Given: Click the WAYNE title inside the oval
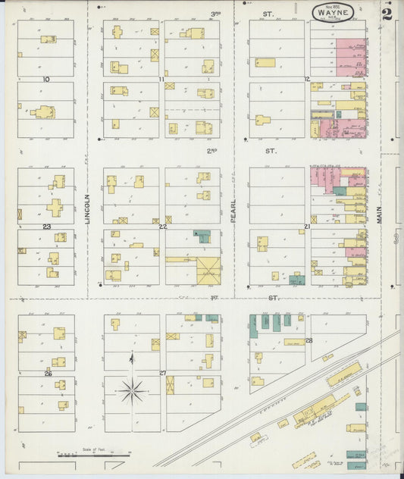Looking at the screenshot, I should pos(337,12).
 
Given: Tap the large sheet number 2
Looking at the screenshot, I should pos(387,14).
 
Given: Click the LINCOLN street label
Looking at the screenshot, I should pos(87,208).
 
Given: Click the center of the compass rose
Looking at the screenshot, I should pos(132,392).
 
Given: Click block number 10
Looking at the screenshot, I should pos(46,79).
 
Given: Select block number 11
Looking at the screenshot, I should pos(161,79).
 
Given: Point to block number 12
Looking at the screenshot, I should pos(307,79).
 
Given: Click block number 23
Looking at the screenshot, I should pos(46,226).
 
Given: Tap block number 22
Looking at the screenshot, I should pos(162,226).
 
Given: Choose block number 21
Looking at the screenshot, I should pos(307,226).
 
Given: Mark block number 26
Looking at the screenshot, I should pos(47,373).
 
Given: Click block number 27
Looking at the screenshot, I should pos(162,373).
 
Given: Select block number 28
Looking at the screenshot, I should pos(309,340).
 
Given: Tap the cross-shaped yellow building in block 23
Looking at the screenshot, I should pos(54,207).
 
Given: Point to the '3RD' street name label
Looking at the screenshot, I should pos(215,14).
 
